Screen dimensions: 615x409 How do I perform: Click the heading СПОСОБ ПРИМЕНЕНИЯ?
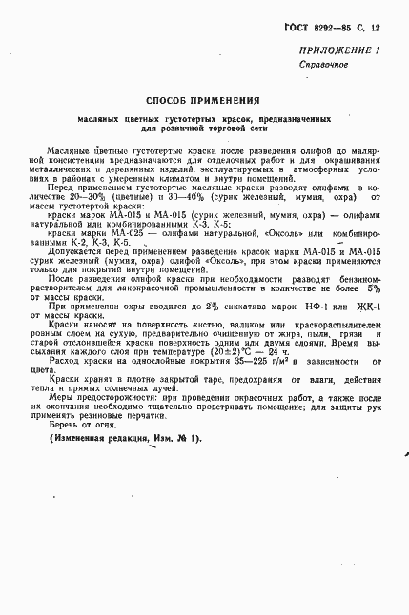pyautogui.click(x=204, y=101)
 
